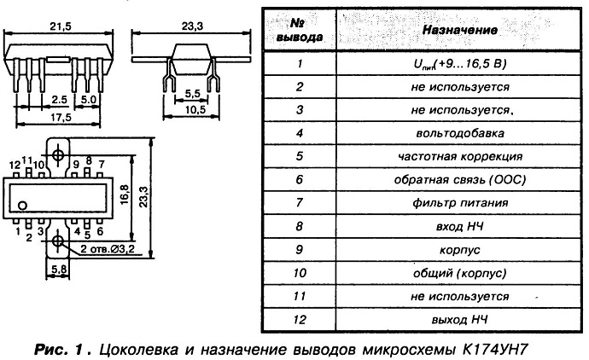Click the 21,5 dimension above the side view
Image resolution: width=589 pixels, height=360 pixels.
point(60,26)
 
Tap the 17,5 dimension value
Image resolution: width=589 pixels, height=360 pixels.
point(61,118)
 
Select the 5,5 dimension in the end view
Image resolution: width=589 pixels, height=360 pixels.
point(192,94)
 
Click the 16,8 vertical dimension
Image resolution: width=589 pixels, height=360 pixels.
point(125,194)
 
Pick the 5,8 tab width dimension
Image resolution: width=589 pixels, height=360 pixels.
point(59,270)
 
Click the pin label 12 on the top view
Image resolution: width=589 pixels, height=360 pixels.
point(15,165)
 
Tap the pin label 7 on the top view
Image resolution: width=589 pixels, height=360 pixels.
point(102,165)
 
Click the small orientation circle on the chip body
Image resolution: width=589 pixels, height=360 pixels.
point(22,206)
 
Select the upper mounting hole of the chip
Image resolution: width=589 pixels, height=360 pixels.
point(58,154)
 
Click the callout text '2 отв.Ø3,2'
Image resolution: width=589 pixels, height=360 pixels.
point(108,249)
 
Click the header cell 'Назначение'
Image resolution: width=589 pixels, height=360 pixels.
point(460,30)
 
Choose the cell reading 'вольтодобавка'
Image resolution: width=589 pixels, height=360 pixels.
point(460,133)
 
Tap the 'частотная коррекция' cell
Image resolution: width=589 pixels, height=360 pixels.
point(460,156)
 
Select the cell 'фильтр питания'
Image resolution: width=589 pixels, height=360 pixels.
point(460,203)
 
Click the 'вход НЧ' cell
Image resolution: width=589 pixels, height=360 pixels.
point(460,226)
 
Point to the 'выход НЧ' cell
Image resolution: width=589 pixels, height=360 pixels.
point(460,320)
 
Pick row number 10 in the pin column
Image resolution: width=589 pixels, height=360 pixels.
point(300,273)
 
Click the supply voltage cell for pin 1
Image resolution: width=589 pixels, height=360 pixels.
point(460,64)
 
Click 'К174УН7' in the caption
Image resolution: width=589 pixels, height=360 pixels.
point(493,350)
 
